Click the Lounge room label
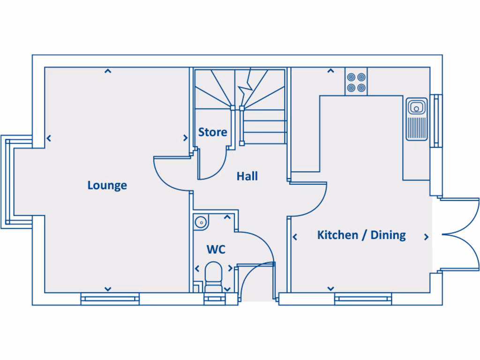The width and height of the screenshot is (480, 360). tap(107, 185)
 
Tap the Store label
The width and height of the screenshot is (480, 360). tap(212, 132)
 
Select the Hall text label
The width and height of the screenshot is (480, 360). tap(247, 177)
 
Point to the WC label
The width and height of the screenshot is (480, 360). tap(216, 249)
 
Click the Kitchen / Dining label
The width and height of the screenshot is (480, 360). tap(361, 235)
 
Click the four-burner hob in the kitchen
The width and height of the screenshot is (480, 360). tap(356, 82)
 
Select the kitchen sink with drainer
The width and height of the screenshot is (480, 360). tap(416, 119)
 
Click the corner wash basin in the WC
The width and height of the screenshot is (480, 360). tap(201, 221)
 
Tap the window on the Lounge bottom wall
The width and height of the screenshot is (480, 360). tap(110, 299)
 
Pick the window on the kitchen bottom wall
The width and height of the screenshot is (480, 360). tap(363, 299)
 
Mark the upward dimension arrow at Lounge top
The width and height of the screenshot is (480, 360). tap(108, 71)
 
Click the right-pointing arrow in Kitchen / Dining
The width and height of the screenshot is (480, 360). tap(426, 237)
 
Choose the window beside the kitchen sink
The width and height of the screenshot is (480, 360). tap(436, 120)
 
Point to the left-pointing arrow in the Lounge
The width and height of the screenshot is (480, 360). tap(49, 138)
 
